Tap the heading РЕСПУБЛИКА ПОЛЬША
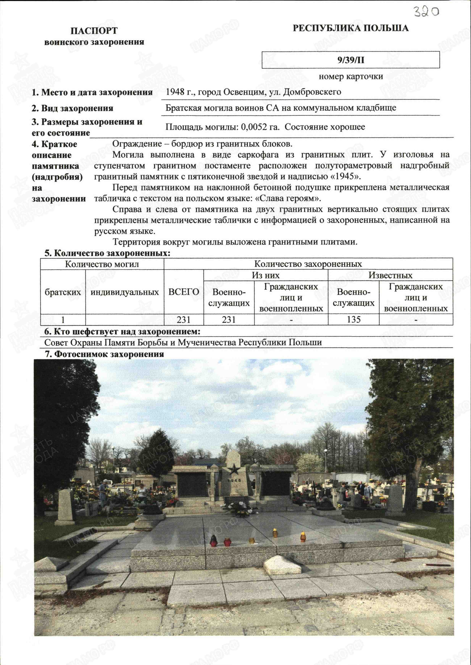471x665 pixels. (351, 28)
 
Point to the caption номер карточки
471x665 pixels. (351, 77)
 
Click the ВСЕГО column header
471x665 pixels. (184, 292)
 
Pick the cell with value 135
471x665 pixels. (354, 320)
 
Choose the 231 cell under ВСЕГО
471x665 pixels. (184, 320)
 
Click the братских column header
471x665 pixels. (63, 292)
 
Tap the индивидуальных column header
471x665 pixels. (124, 292)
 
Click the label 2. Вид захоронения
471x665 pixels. (73, 108)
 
